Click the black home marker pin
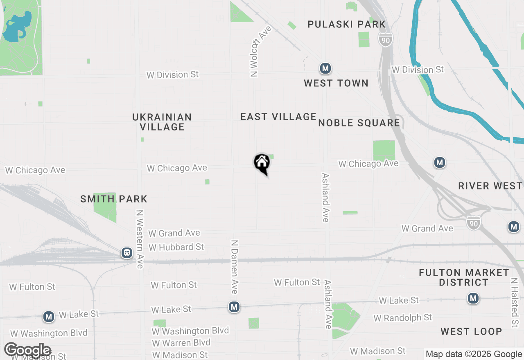262,163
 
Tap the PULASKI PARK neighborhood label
346,25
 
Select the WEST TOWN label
336,83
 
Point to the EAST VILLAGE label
278,117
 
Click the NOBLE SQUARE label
359,123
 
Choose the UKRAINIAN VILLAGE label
162,122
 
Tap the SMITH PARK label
114,199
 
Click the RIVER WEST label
490,186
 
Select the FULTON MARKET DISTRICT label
464,277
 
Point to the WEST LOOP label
471,331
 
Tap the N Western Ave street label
140,239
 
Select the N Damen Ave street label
235,267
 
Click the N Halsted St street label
515,302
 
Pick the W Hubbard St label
176,247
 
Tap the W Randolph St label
402,317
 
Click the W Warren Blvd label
181,343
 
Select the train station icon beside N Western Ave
127,253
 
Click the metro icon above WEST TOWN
325,68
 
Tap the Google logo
28,351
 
